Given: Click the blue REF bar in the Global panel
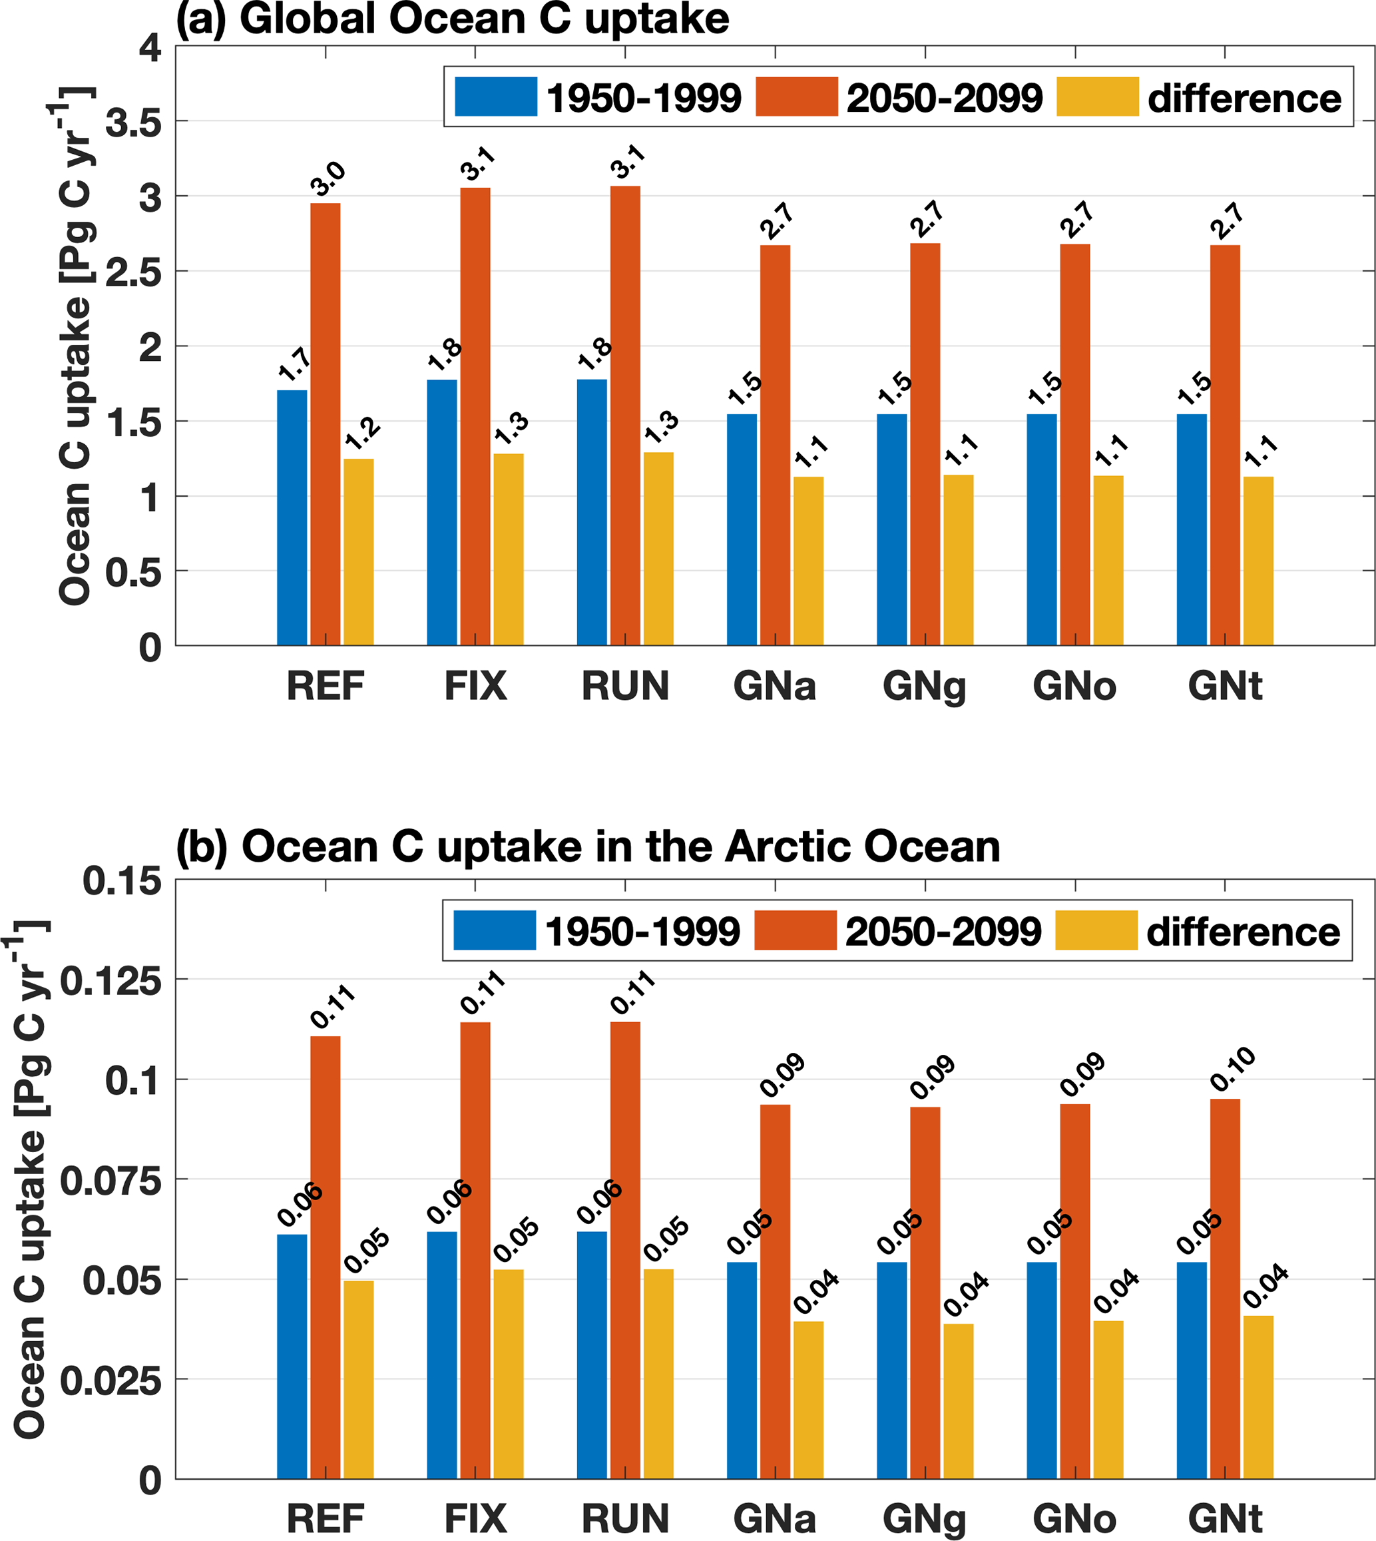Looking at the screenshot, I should pyautogui.click(x=292, y=517).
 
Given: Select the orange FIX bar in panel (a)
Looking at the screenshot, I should pyautogui.click(x=475, y=416).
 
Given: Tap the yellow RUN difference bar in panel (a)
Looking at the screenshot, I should pyautogui.click(x=658, y=548).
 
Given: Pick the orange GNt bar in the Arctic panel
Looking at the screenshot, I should pyautogui.click(x=1225, y=1289).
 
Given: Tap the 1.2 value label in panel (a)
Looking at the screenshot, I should pyautogui.click(x=362, y=434).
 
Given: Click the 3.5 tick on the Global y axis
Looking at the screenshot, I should pyautogui.click(x=134, y=122).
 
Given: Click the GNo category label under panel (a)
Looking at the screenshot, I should pyautogui.click(x=1074, y=687).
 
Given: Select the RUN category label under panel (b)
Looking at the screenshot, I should pyautogui.click(x=625, y=1518).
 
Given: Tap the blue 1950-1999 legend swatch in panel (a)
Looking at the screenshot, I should pyautogui.click(x=496, y=97).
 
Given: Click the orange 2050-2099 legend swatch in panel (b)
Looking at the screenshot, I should pyautogui.click(x=796, y=930).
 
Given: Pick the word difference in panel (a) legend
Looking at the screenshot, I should pyautogui.click(x=1244, y=99).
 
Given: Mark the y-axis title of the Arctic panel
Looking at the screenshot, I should pyautogui.click(x=30, y=1179).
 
